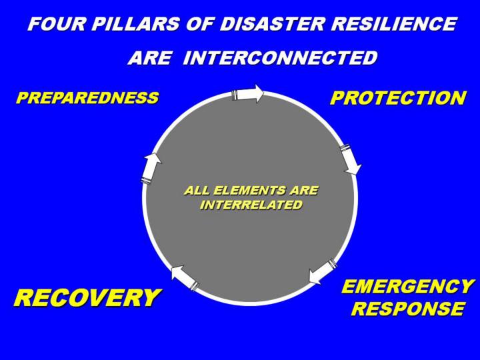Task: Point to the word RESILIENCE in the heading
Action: pyautogui.click(x=394, y=23)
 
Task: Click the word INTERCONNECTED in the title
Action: pyautogui.click(x=280, y=57)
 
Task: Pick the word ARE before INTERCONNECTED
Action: pyautogui.click(x=149, y=57)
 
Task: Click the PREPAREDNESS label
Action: pyautogui.click(x=87, y=97)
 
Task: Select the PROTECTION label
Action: pyautogui.click(x=398, y=98)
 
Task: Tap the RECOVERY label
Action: pyautogui.click(x=87, y=297)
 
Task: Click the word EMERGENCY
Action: pyautogui.click(x=407, y=287)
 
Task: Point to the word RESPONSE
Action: pyautogui.click(x=408, y=308)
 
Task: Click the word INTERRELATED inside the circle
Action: pyautogui.click(x=251, y=205)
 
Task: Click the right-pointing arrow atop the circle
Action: pyautogui.click(x=247, y=93)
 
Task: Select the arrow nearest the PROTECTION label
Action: pyautogui.click(x=351, y=159)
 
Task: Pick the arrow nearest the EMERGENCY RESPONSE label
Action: pyautogui.click(x=323, y=271)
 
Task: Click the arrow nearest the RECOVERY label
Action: pyautogui.click(x=185, y=277)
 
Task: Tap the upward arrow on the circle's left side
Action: pyautogui.click(x=151, y=168)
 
